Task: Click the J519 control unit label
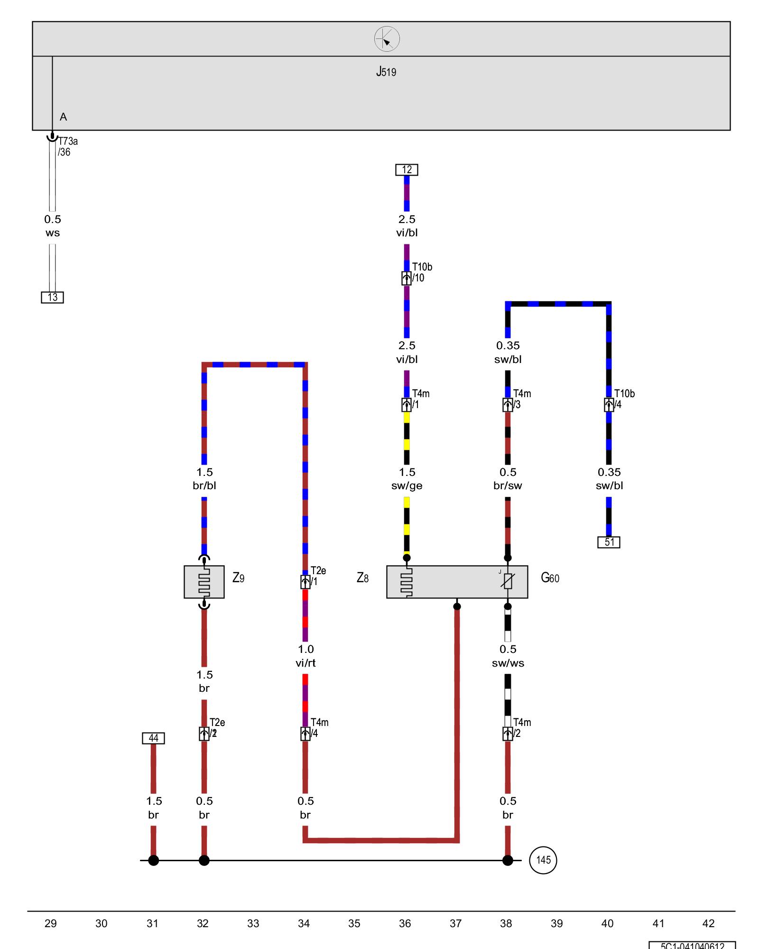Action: tap(386, 72)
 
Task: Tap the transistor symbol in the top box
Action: tap(387, 39)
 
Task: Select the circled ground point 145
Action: tap(543, 860)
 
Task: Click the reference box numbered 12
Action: tap(407, 170)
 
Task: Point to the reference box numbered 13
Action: tap(52, 298)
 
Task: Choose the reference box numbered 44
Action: tap(153, 738)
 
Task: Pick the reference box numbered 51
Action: tap(609, 542)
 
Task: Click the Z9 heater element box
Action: tap(204, 581)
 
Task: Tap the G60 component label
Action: tap(550, 578)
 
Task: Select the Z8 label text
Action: tap(362, 578)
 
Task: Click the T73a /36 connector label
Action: tap(67, 147)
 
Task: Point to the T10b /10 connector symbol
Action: tap(407, 278)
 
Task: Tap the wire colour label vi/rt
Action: tap(305, 663)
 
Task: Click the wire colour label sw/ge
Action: tap(407, 486)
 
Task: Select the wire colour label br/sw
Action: tap(508, 486)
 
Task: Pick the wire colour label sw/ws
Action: tap(508, 663)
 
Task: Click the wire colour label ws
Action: tap(52, 233)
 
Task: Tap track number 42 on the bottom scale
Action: tap(708, 923)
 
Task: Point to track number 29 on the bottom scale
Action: tap(51, 923)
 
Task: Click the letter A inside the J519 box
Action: tap(63, 117)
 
